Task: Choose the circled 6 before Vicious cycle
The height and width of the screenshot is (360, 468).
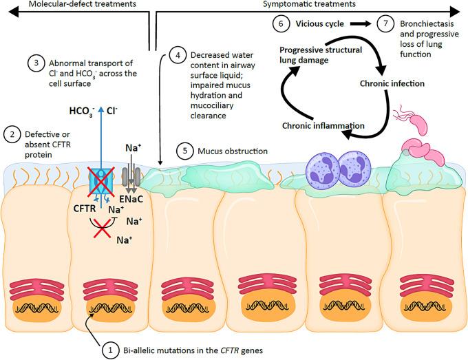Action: pyautogui.click(x=280, y=24)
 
